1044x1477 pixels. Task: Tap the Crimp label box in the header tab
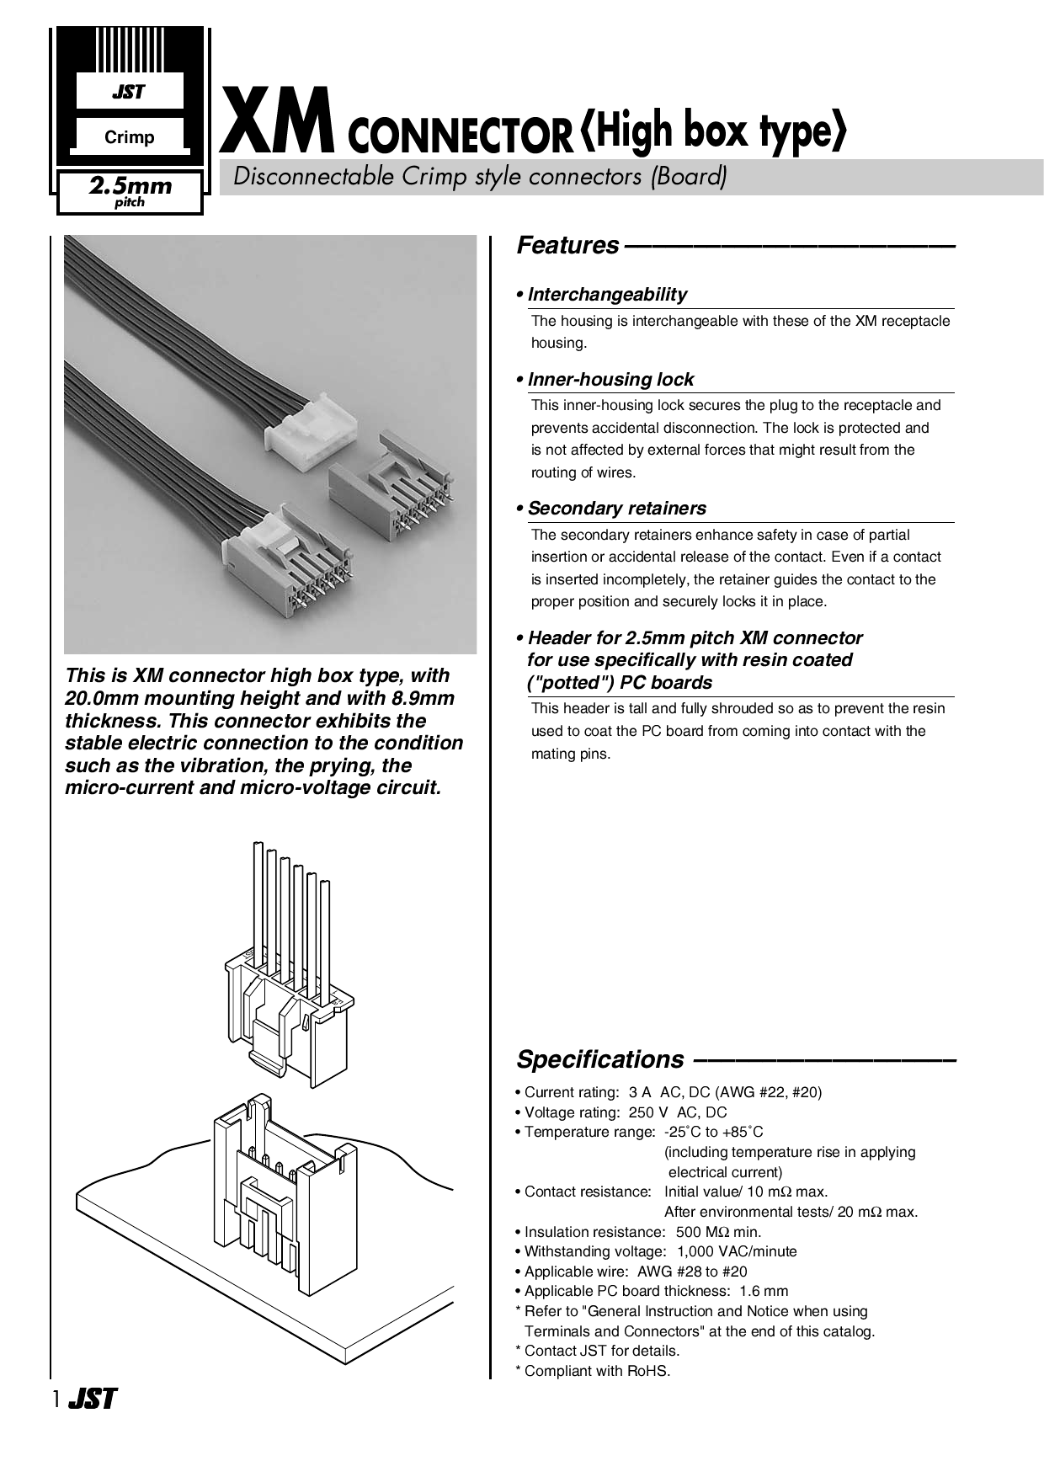(x=129, y=137)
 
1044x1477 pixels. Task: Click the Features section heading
(x=567, y=246)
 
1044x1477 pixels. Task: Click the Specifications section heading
(x=600, y=1059)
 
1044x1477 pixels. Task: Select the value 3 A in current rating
(x=640, y=1092)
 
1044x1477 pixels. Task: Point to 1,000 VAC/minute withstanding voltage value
(x=737, y=1251)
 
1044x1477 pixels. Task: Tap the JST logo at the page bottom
(x=92, y=1400)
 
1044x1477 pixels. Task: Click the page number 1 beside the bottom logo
(x=56, y=1400)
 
